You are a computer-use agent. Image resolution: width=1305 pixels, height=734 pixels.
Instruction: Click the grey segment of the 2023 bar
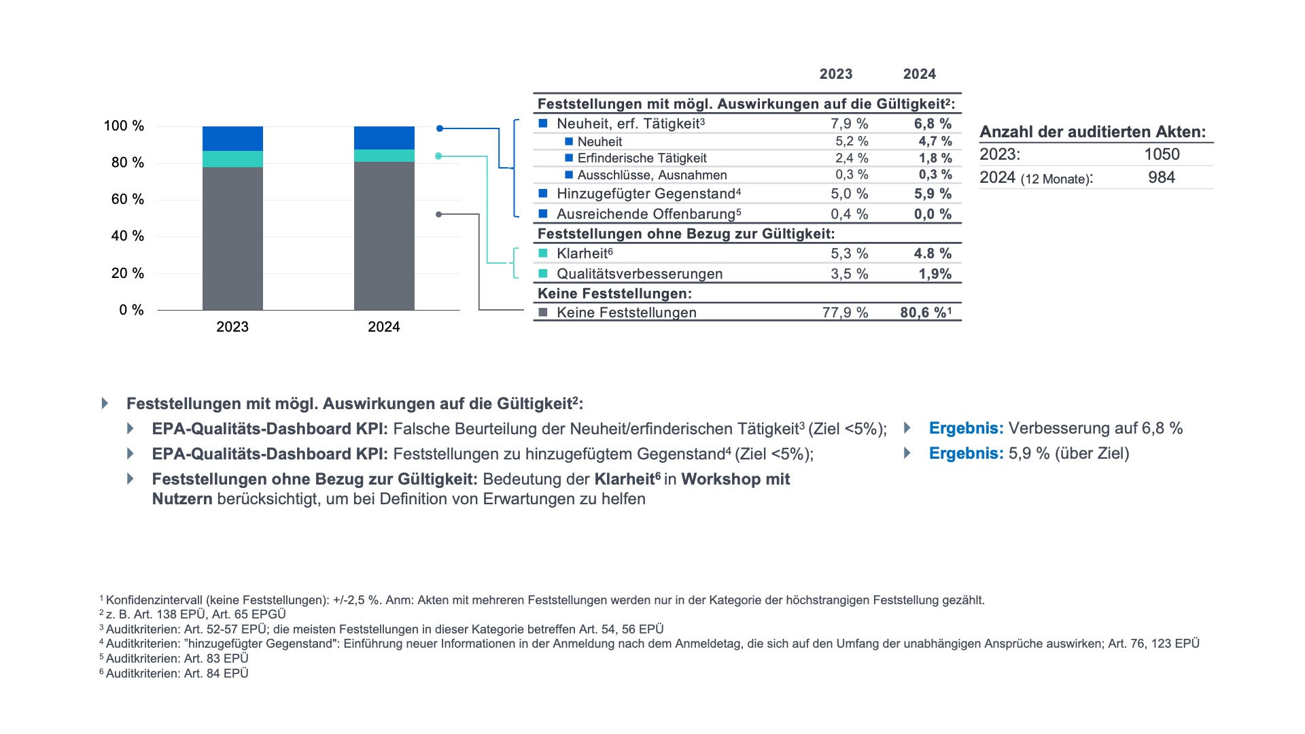tap(232, 239)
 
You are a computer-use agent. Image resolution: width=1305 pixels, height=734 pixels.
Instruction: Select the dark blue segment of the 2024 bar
tap(384, 138)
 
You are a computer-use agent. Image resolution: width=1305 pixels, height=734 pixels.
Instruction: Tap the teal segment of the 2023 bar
tap(232, 159)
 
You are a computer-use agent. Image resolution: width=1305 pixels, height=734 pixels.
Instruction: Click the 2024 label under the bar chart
tap(384, 327)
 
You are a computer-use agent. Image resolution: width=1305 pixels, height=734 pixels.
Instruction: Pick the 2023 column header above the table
tap(836, 74)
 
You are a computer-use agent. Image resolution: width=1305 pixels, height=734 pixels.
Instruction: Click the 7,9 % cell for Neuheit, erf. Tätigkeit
tap(850, 124)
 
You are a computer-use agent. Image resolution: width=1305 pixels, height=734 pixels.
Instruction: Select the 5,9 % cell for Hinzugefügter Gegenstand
tap(933, 194)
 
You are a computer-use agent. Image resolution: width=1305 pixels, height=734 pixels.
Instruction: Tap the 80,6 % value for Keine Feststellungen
tap(924, 313)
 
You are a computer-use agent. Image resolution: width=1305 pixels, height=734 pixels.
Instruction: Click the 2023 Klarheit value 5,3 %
tap(850, 254)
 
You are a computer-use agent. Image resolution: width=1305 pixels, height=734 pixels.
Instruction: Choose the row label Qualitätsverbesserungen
tap(640, 274)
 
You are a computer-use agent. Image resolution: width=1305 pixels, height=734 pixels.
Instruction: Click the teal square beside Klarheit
tap(543, 254)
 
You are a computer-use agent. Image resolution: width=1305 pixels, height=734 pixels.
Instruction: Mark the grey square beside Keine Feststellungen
tap(543, 313)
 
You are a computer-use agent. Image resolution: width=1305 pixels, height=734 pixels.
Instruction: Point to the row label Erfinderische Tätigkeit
tap(642, 158)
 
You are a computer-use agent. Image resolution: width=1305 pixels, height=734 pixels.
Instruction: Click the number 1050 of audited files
tap(1162, 154)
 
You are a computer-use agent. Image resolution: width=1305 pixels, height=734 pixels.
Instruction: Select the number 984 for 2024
tap(1162, 177)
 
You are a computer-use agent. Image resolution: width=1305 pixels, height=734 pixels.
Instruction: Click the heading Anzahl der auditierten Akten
tap(1093, 132)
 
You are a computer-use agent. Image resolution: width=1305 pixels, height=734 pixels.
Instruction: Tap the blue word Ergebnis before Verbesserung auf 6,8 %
tap(967, 428)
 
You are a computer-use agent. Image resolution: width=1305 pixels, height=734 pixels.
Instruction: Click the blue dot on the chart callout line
tap(440, 128)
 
